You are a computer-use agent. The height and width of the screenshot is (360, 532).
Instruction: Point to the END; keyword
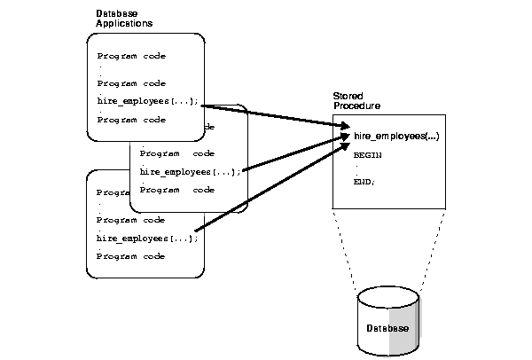coord(364,182)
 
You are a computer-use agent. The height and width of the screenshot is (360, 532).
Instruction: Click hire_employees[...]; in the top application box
coord(148,102)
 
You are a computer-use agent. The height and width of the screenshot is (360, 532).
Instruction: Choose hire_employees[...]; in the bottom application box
coord(147,238)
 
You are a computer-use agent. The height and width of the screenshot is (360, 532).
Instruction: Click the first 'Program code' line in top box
coord(131,56)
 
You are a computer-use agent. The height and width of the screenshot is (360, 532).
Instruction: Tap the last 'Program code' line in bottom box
coord(131,256)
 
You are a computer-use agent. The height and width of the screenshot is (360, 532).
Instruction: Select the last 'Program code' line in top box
coord(131,119)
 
